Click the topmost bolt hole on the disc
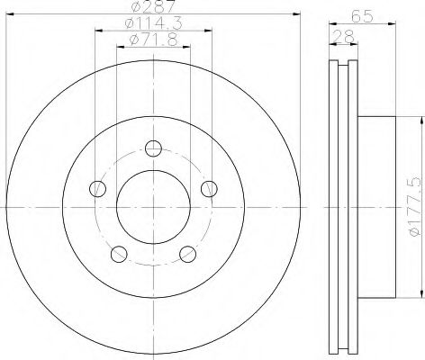click(153, 148)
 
